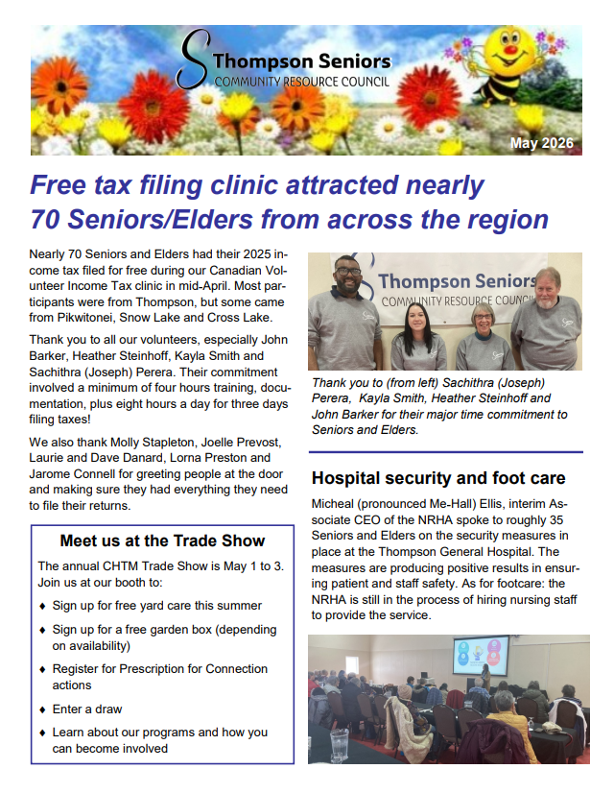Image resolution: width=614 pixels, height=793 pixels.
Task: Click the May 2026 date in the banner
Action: click(x=541, y=143)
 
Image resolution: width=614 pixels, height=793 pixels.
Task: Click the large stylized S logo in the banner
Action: click(x=195, y=60)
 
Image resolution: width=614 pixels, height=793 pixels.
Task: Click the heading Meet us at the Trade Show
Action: click(x=162, y=540)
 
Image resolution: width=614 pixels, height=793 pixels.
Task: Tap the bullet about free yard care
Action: click(x=156, y=606)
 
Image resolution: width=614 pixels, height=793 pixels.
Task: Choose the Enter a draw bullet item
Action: click(x=87, y=709)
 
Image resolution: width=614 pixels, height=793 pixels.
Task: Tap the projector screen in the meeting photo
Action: click(x=481, y=657)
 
